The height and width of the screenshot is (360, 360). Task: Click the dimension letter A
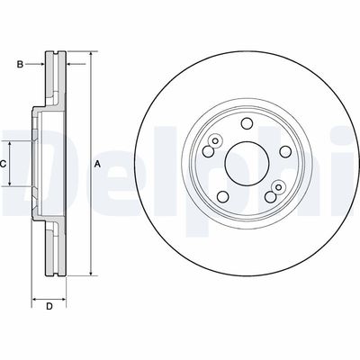(x=97, y=163)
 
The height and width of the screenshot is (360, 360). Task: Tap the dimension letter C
(x=4, y=164)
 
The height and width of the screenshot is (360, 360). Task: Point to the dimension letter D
(x=50, y=307)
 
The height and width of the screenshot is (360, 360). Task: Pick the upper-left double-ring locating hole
(x=216, y=139)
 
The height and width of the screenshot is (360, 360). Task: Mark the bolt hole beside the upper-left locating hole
(x=207, y=150)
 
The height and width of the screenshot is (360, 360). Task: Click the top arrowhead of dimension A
(x=91, y=56)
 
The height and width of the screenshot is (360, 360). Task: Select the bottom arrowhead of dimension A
(x=91, y=273)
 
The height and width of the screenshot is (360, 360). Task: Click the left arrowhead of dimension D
(x=35, y=298)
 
